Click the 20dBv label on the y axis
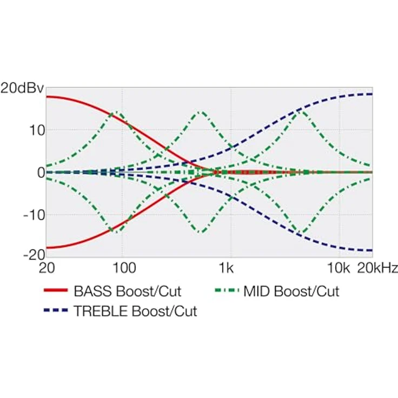tap(22, 88)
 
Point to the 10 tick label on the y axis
tap(37, 131)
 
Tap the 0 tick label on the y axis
tap(41, 173)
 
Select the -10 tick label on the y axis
tap(34, 215)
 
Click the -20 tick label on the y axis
tap(34, 255)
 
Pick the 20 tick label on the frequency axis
tap(47, 268)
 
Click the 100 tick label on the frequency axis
tap(124, 268)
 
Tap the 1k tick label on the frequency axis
tap(227, 268)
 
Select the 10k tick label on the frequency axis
tap(339, 268)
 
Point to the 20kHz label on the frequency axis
tap(377, 268)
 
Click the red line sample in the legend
tap(56, 290)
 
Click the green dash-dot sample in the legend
tap(227, 290)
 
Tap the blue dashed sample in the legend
tap(56, 310)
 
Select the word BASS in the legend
tap(92, 291)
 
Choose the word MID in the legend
tap(257, 291)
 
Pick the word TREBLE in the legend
tap(101, 311)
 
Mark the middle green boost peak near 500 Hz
tap(201, 112)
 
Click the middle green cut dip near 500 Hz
tap(201, 232)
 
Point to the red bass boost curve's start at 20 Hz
tap(47, 97)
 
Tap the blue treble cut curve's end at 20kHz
tap(372, 250)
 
